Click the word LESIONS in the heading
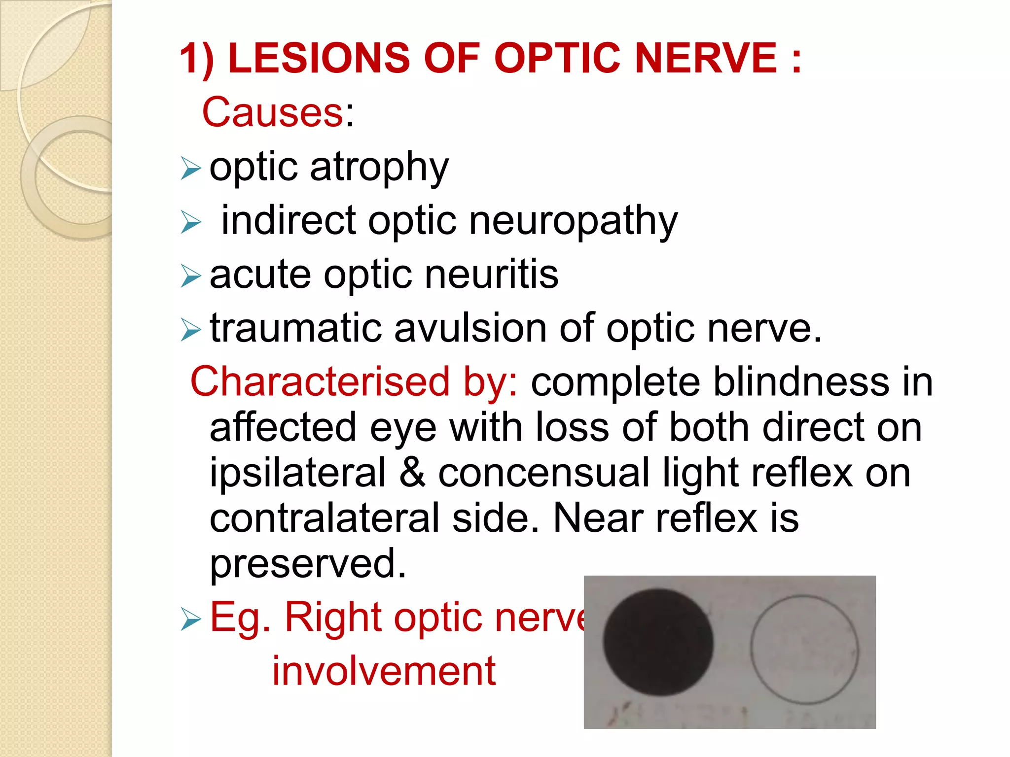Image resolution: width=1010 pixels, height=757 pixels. [319, 58]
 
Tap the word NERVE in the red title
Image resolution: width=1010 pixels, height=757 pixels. [706, 58]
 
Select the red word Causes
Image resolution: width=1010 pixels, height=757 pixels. [273, 112]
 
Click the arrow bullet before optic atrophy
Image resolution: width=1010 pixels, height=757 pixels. [191, 168]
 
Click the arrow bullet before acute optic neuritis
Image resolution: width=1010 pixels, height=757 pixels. [191, 275]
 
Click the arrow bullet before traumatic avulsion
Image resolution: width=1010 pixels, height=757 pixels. [191, 329]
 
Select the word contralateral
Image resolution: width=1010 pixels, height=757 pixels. [325, 518]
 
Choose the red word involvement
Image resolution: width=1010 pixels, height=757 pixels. [384, 671]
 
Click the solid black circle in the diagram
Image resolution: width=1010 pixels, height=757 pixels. [658, 642]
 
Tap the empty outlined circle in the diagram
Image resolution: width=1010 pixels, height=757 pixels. [804, 650]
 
